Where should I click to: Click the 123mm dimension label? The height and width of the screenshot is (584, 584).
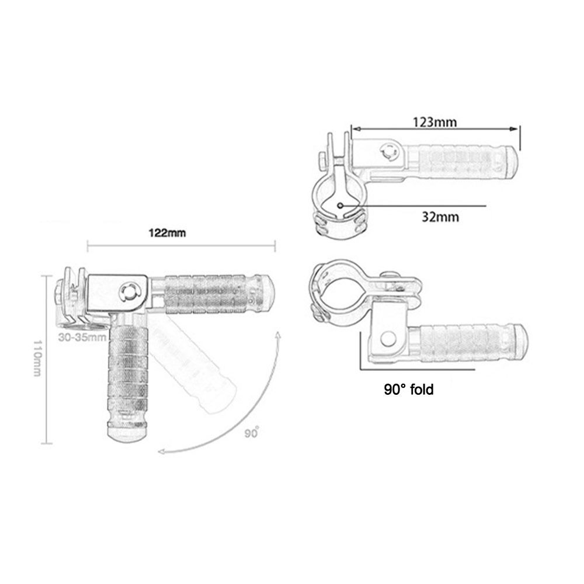click(434, 122)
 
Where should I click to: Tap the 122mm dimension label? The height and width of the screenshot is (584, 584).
click(167, 233)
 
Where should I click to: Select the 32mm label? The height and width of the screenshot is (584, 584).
click(440, 217)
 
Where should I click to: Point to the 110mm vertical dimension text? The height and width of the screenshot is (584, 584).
click(37, 358)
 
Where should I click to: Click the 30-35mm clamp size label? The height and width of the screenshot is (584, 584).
click(82, 338)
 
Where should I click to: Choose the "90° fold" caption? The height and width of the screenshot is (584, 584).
click(409, 390)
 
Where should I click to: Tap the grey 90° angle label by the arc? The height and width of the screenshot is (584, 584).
click(251, 433)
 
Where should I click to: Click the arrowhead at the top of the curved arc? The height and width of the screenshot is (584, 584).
click(278, 335)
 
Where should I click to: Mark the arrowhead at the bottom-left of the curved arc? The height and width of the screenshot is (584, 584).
click(162, 451)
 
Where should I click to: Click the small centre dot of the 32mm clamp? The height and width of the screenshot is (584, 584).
click(340, 205)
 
